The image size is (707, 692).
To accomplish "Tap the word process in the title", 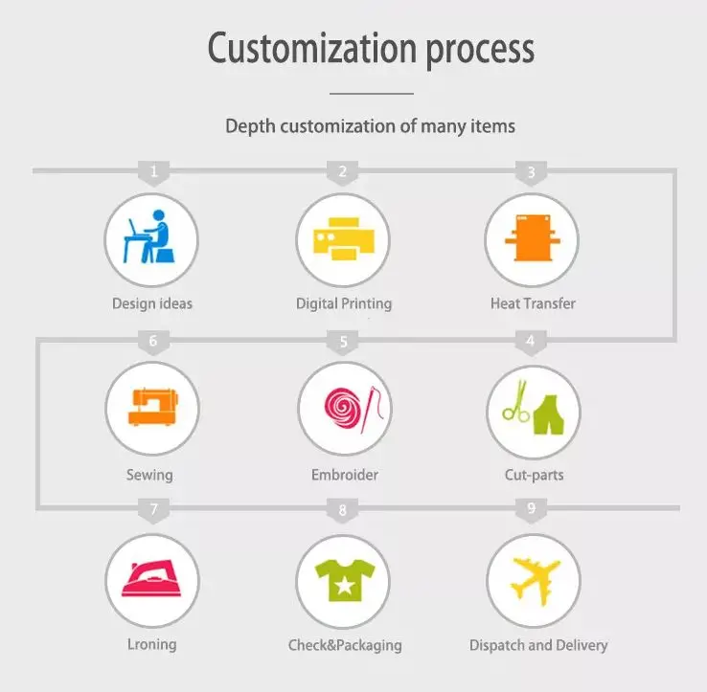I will [475, 50].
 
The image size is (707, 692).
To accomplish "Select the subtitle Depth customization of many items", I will [370, 125].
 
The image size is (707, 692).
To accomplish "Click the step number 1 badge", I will [153, 173].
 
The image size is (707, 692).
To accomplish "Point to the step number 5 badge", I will [343, 342].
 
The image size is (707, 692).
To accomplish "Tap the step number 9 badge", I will [532, 509].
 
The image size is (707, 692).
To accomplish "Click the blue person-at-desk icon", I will [150, 239].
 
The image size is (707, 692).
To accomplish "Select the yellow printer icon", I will [342, 239].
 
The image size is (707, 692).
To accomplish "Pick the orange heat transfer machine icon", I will [532, 239].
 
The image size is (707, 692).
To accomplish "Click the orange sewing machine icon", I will [151, 407].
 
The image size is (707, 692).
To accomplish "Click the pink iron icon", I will [151, 577].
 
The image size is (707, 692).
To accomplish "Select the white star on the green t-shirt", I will [343, 582].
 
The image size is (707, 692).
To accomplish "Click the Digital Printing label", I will [343, 304].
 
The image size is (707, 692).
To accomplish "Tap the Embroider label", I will [344, 475].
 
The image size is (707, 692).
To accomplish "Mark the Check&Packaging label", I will [345, 645].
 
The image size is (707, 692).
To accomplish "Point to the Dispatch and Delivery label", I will [538, 645].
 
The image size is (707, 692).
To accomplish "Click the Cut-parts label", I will [534, 475].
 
